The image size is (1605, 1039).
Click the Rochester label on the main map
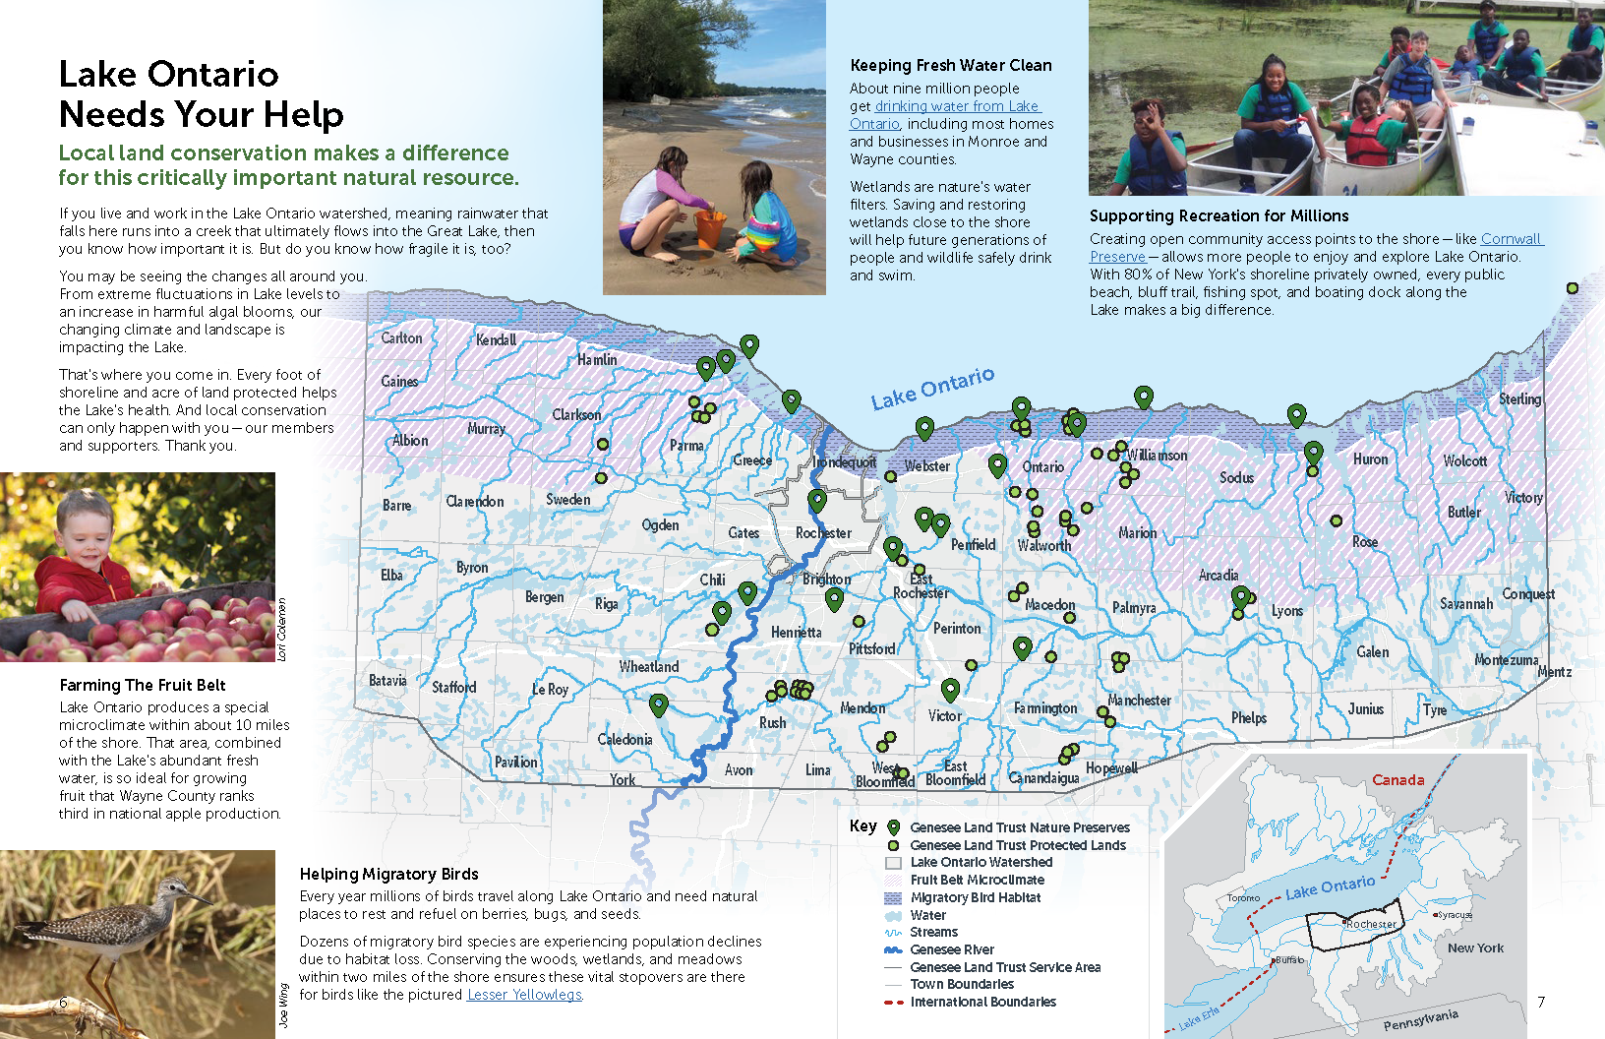(823, 533)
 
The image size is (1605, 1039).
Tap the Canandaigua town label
(1043, 778)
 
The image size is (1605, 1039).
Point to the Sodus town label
(1236, 477)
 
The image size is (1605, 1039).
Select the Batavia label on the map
(387, 680)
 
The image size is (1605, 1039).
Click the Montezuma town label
(1506, 660)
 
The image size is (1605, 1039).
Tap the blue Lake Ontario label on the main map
(932, 388)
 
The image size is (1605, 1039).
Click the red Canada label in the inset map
(1397, 780)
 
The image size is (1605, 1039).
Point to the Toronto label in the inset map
(1243, 897)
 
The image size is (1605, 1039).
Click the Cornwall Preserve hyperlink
(1512, 239)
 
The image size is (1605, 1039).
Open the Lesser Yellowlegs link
(524, 995)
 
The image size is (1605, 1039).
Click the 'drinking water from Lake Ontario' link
(957, 106)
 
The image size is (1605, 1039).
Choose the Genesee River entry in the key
(951, 949)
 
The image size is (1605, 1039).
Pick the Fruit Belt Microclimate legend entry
(977, 880)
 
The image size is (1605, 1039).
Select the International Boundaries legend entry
(982, 1002)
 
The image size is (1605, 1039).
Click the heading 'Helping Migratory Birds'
(388, 874)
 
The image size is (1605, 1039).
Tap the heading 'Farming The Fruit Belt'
(143, 685)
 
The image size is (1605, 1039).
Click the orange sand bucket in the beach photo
(709, 228)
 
